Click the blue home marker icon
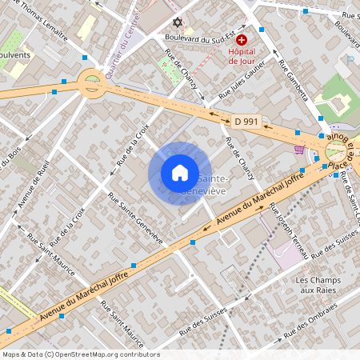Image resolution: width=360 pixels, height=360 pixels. click(x=180, y=173)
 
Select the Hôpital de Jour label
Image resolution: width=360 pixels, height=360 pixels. click(x=241, y=56)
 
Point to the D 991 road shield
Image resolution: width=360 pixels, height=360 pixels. click(x=246, y=121)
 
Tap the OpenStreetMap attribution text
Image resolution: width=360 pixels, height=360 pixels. click(x=80, y=354)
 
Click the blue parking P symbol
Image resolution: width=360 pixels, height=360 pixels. click(x=349, y=60)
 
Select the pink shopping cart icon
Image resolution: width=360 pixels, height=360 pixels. click(x=300, y=149)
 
